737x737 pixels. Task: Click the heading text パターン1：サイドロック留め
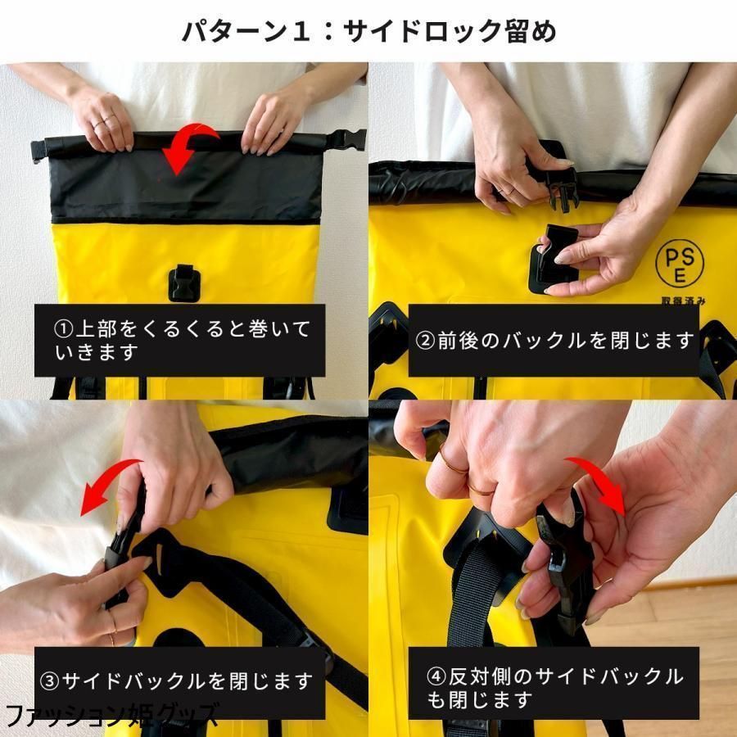[368, 32]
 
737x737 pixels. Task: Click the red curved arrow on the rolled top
[185, 147]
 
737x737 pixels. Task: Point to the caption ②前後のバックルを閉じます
[554, 341]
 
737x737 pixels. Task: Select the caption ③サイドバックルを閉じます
[177, 680]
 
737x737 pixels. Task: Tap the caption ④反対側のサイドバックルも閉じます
[554, 688]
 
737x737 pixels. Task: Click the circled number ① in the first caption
[64, 330]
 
